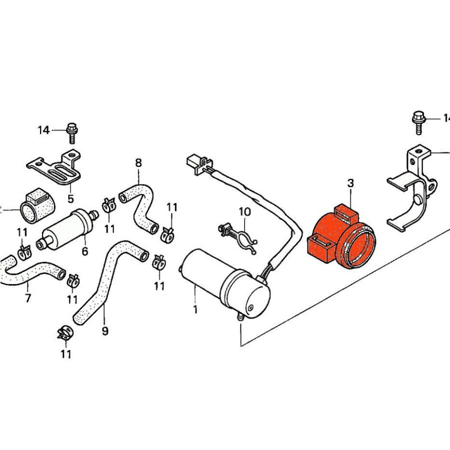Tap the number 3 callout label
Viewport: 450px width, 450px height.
point(350,183)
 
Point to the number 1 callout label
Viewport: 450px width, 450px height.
point(195,310)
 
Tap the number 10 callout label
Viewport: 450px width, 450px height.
point(244,212)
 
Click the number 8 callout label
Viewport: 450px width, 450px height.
point(138,163)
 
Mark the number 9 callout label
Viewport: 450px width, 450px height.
point(105,331)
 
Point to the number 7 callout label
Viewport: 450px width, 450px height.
point(28,298)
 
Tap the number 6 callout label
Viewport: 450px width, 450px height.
point(84,251)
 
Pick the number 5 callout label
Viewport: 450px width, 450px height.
point(70,198)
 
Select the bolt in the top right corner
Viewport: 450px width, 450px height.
point(417,121)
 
